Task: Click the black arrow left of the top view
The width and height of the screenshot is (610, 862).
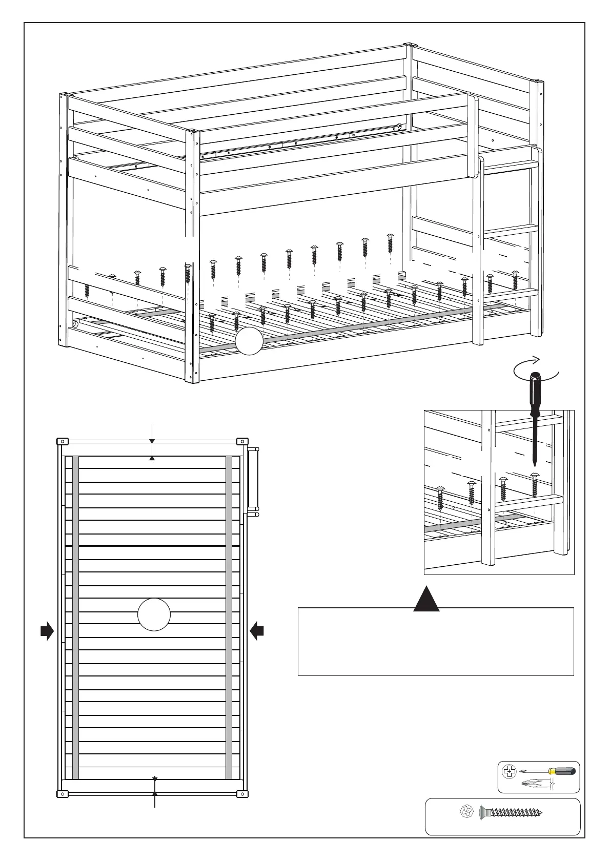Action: (x=47, y=631)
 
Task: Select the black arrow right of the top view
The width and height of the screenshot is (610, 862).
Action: (x=257, y=631)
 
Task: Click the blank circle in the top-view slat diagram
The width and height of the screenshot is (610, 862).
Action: (x=154, y=614)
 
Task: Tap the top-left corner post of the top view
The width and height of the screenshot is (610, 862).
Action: (x=62, y=441)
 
